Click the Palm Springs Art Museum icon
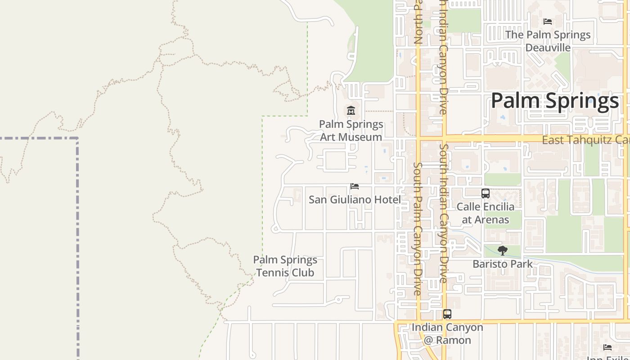[351, 110]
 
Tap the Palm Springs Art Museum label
[351, 130]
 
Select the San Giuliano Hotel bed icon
[355, 186]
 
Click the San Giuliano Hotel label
[355, 199]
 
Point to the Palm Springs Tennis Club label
[285, 266]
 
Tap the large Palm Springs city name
[554, 101]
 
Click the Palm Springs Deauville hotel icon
[548, 22]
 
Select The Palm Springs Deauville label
[548, 41]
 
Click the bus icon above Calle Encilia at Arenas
[485, 193]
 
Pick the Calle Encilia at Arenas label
[486, 213]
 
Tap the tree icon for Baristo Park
[503, 251]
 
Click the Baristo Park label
[503, 264]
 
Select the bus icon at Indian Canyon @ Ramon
[447, 314]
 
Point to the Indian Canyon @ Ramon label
[447, 334]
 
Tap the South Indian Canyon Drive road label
[444, 213]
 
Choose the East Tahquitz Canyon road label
[585, 140]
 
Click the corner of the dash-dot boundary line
[77, 139]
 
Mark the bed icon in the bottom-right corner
[607, 347]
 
